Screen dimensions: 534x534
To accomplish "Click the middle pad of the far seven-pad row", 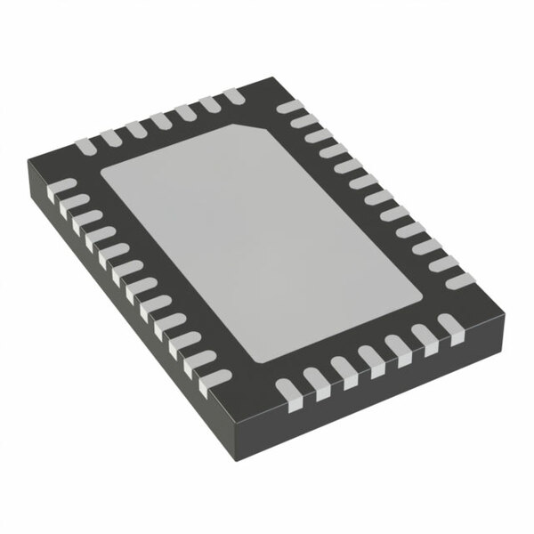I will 161,117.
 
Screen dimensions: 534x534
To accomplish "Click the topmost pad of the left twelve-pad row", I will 63,185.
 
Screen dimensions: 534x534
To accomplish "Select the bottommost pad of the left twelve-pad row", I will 204,384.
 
